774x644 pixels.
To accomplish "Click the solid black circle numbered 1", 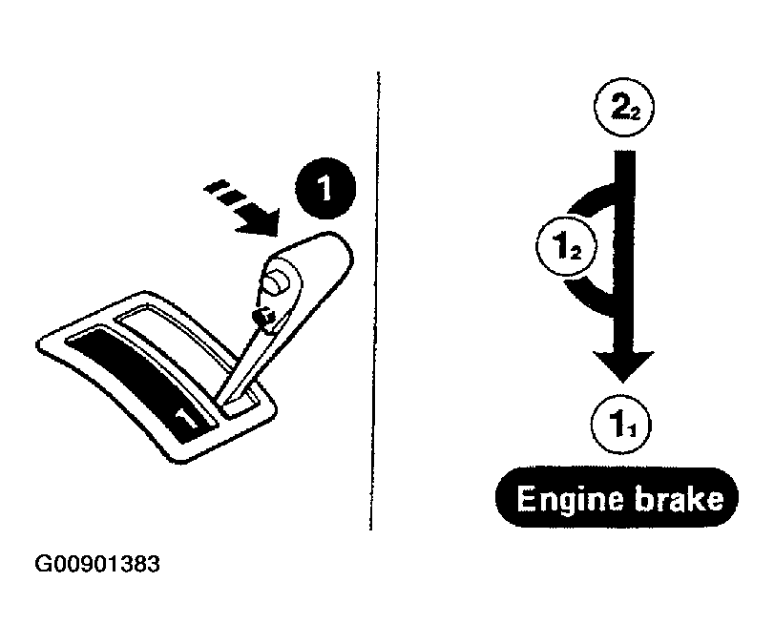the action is click(325, 189).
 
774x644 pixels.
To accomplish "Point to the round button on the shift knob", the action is click(277, 280).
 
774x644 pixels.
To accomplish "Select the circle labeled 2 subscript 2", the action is click(624, 107).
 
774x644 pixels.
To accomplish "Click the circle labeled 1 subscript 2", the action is click(566, 246).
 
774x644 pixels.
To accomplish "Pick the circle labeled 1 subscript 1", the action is click(621, 425).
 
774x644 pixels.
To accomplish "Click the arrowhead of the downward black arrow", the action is click(623, 365).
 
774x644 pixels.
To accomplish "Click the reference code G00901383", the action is click(97, 564).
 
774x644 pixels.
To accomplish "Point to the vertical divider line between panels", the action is click(375, 301).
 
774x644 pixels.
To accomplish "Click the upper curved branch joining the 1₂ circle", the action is click(591, 197).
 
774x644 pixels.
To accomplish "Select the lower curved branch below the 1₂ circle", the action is click(588, 298).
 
